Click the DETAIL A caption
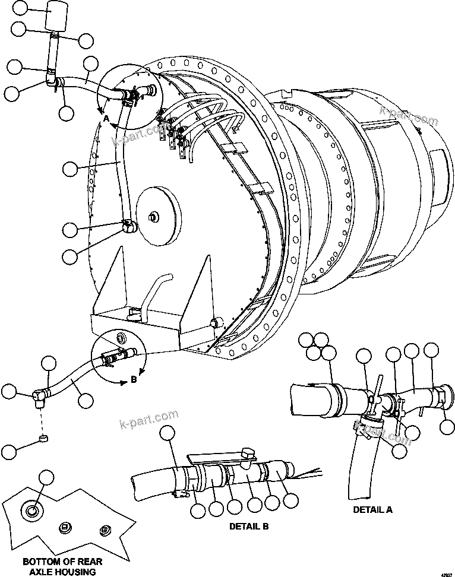coord(372,509)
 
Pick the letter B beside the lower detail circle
coord(134,380)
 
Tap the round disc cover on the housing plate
coord(158,217)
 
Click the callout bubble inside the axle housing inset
coord(46,478)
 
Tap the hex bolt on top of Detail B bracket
coord(248,454)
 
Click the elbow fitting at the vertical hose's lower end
coord(130,226)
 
